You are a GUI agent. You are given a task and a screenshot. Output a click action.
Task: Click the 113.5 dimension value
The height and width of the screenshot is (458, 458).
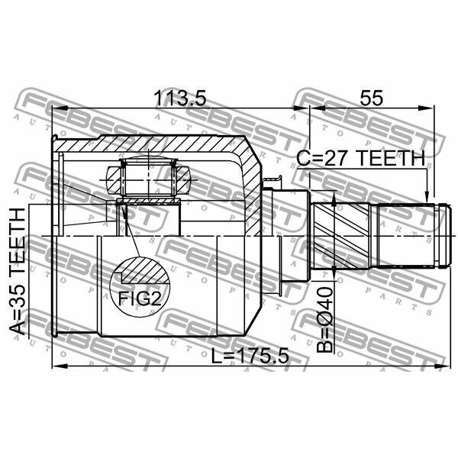click(180, 98)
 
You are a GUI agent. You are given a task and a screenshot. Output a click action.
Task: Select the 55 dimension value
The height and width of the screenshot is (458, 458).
click(371, 98)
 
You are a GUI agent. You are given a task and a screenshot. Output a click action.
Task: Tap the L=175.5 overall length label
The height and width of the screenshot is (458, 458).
click(250, 356)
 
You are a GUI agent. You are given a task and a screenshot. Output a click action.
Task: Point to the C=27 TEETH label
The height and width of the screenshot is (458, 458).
click(361, 158)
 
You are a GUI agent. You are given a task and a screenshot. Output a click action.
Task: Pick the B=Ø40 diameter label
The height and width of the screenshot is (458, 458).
click(325, 320)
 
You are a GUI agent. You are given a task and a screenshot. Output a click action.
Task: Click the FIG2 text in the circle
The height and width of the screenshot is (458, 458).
click(140, 298)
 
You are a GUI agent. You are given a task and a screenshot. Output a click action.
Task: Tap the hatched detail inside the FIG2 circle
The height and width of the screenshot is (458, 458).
click(144, 271)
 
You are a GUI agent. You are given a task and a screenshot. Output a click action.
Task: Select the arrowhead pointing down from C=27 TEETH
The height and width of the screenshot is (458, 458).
click(427, 196)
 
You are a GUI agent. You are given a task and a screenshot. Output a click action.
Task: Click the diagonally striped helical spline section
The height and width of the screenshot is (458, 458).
click(341, 236)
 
